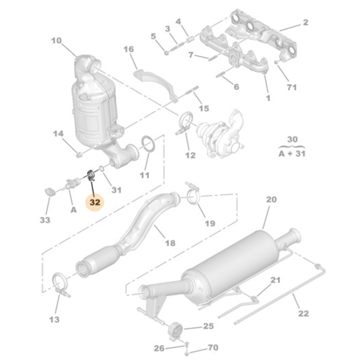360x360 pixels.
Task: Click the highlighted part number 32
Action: pyautogui.click(x=95, y=204)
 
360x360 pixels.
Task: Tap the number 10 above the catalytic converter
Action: pyautogui.click(x=57, y=41)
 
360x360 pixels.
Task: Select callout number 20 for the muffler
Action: pyautogui.click(x=271, y=199)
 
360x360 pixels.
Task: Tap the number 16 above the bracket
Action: pyautogui.click(x=129, y=49)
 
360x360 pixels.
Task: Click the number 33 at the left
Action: pyautogui.click(x=45, y=219)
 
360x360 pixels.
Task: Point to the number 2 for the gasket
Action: pyautogui.click(x=305, y=23)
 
